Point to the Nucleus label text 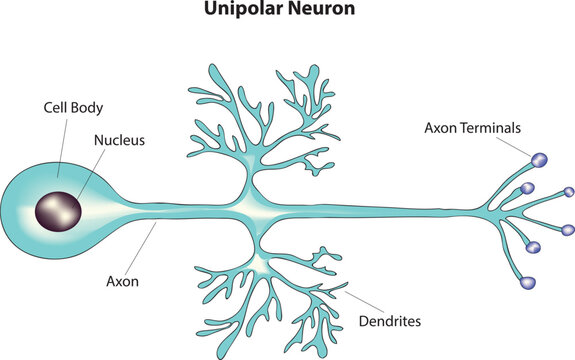coord(121,141)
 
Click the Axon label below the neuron coord(122,281)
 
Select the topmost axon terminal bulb coord(539,159)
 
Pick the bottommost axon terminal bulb coord(528,283)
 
